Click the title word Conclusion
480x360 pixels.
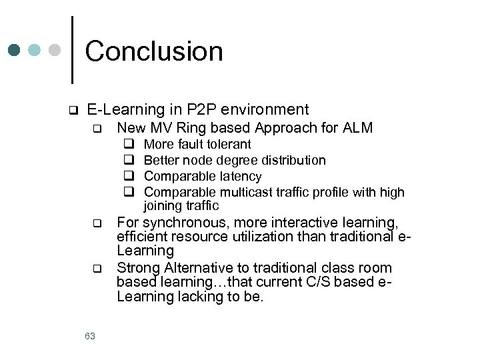coord(154,51)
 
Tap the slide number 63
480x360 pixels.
coord(90,336)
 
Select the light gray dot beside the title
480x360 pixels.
coord(55,51)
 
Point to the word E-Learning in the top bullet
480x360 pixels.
coord(125,109)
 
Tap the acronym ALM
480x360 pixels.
coord(357,127)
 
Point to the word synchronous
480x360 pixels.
coord(177,222)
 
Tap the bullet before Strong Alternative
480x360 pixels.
coord(96,269)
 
